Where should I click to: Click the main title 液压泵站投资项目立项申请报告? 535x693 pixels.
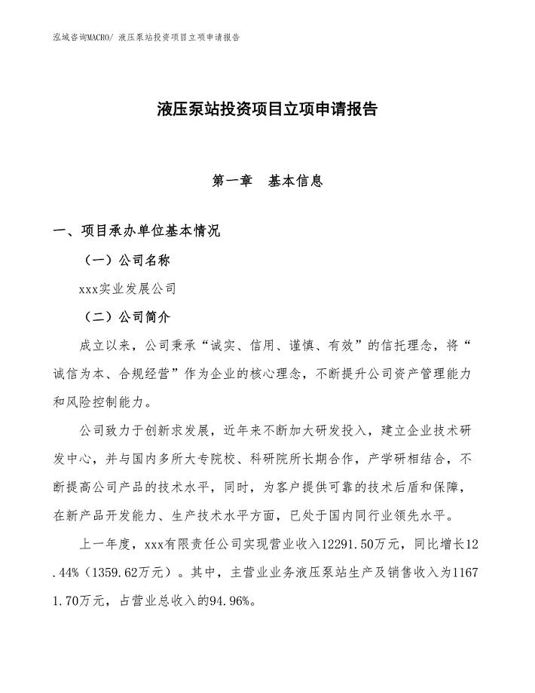pos(267,109)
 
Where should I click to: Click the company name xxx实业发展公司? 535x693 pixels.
pos(127,288)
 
